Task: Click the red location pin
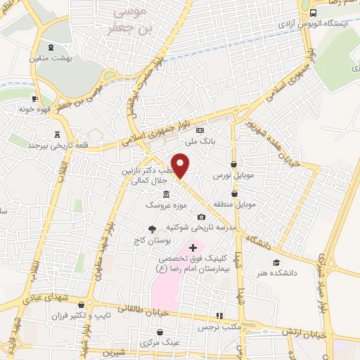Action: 181,165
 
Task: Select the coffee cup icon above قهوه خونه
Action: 34,99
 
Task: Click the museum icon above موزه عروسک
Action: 167,194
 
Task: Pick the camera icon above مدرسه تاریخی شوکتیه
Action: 202,217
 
